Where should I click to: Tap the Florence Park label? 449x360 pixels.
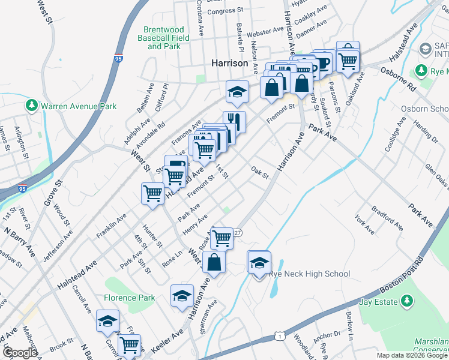[x=129, y=298]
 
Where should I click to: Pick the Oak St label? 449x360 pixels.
[x=259, y=172]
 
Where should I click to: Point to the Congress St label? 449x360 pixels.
[x=225, y=10]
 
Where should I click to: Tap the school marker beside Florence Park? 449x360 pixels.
[x=182, y=295]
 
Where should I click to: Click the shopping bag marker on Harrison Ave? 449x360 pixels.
[x=214, y=262]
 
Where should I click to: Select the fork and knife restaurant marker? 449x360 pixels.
[x=234, y=122]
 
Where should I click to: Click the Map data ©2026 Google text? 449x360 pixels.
[x=412, y=355]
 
